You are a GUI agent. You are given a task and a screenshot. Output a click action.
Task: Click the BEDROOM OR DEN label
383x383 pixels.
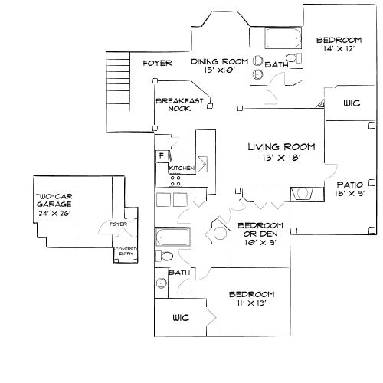(260, 230)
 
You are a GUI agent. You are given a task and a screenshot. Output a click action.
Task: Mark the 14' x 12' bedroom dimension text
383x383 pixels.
(338, 48)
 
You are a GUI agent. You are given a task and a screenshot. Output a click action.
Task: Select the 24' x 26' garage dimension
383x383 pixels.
(53, 214)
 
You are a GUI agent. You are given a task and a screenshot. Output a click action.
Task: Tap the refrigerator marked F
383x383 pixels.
(162, 155)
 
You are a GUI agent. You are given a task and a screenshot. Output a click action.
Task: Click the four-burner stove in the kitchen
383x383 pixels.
(175, 181)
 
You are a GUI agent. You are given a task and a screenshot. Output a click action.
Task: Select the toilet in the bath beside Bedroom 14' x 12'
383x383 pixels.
(291, 60)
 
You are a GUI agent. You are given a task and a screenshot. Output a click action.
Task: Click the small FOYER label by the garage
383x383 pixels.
(118, 224)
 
